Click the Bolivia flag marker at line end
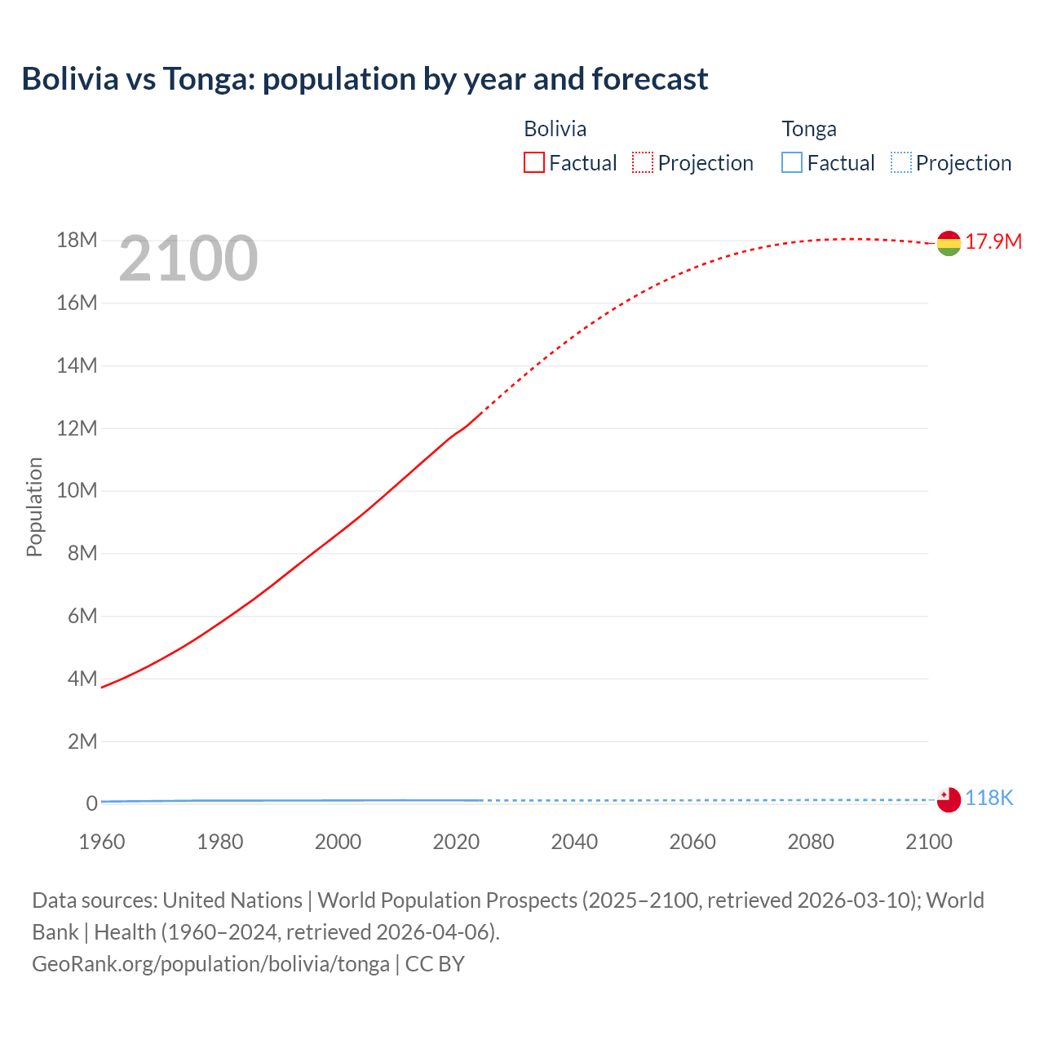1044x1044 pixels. coord(949,243)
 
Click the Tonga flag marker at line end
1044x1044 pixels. coord(949,800)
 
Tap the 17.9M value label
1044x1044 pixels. coord(993,241)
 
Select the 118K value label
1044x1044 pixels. coord(989,798)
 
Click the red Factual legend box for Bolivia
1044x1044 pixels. coord(533,163)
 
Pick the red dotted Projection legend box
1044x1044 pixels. coord(643,163)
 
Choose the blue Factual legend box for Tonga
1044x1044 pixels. coord(791,163)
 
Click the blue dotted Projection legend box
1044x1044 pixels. coord(900,163)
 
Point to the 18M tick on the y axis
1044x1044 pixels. coord(77,240)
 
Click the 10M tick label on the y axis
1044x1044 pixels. coord(77,490)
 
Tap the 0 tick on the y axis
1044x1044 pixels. coord(91,803)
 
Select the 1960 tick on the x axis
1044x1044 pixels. coord(102,842)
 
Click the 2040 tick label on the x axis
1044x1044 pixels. coord(574,842)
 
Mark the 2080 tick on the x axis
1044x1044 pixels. coord(811,842)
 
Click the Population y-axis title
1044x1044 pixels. coord(34,507)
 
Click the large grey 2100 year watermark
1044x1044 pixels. coord(188,259)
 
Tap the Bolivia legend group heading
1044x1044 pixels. coord(555,129)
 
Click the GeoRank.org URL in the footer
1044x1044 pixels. coord(210,964)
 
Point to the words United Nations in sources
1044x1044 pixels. coord(232,900)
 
